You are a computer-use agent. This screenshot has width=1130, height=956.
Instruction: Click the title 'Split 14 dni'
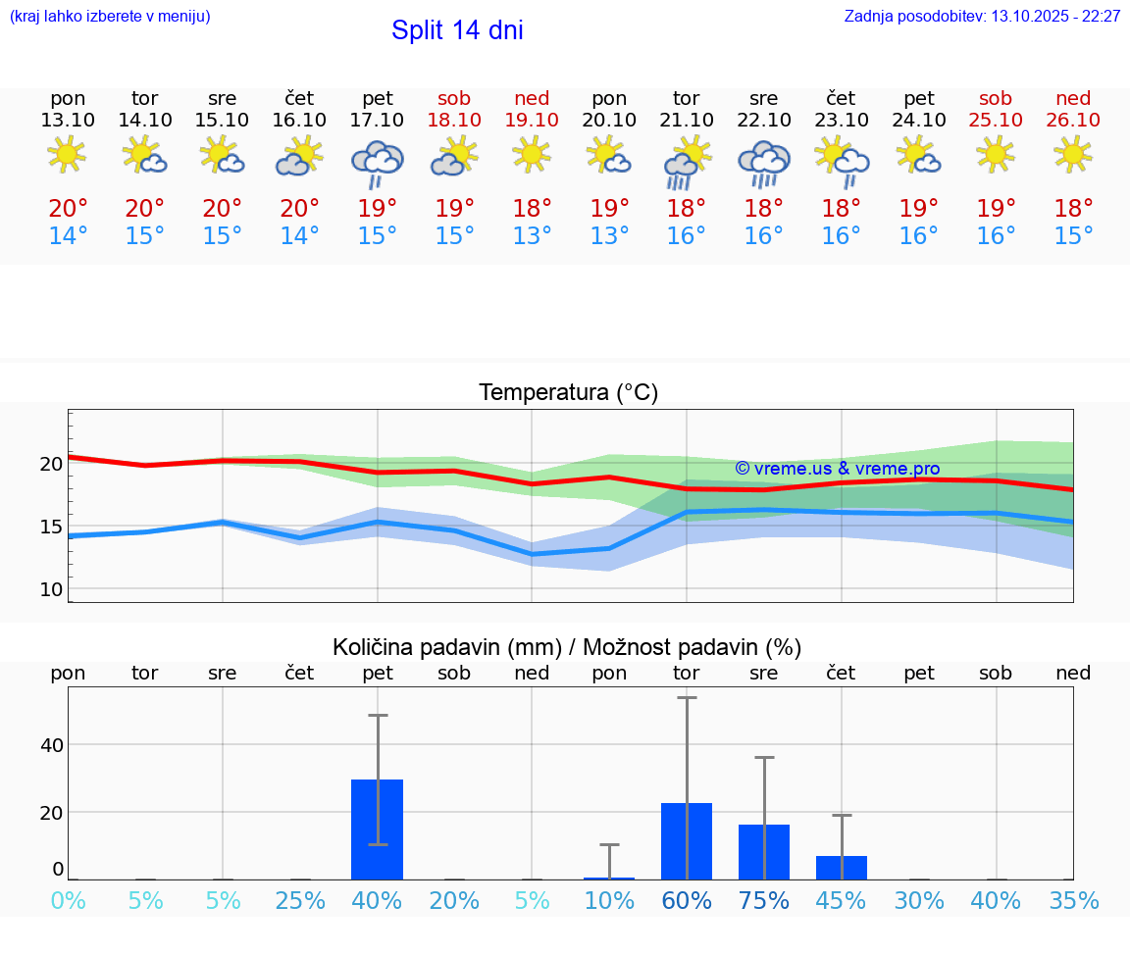457,30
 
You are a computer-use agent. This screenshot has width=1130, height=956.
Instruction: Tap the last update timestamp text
982,17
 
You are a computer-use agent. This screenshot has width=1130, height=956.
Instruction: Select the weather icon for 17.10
378,163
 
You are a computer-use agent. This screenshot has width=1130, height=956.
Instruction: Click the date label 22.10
763,120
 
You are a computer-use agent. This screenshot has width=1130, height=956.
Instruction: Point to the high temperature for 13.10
68,208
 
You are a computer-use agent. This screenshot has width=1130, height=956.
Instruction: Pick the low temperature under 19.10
532,236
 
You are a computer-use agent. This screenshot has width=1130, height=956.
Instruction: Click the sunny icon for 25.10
996,154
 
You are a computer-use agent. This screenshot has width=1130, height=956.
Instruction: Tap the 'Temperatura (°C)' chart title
568,393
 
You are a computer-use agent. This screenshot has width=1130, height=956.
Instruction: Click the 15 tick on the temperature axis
51,527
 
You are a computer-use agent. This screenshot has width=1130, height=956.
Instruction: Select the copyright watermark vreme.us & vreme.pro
838,469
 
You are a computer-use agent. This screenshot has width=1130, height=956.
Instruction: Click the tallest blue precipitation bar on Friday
378,830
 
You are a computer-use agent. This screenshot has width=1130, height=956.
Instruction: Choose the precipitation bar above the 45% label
841,868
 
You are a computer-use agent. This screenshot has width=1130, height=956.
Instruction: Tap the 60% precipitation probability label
686,901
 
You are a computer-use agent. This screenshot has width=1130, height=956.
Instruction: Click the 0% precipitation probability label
68,901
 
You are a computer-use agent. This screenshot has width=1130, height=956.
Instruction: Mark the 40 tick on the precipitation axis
51,745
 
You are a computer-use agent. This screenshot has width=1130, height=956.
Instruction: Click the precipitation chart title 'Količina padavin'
567,647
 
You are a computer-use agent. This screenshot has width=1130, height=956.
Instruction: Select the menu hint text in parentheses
110,17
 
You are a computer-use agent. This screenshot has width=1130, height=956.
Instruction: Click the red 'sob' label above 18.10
454,98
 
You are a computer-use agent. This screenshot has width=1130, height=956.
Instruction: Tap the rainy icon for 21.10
686,163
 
